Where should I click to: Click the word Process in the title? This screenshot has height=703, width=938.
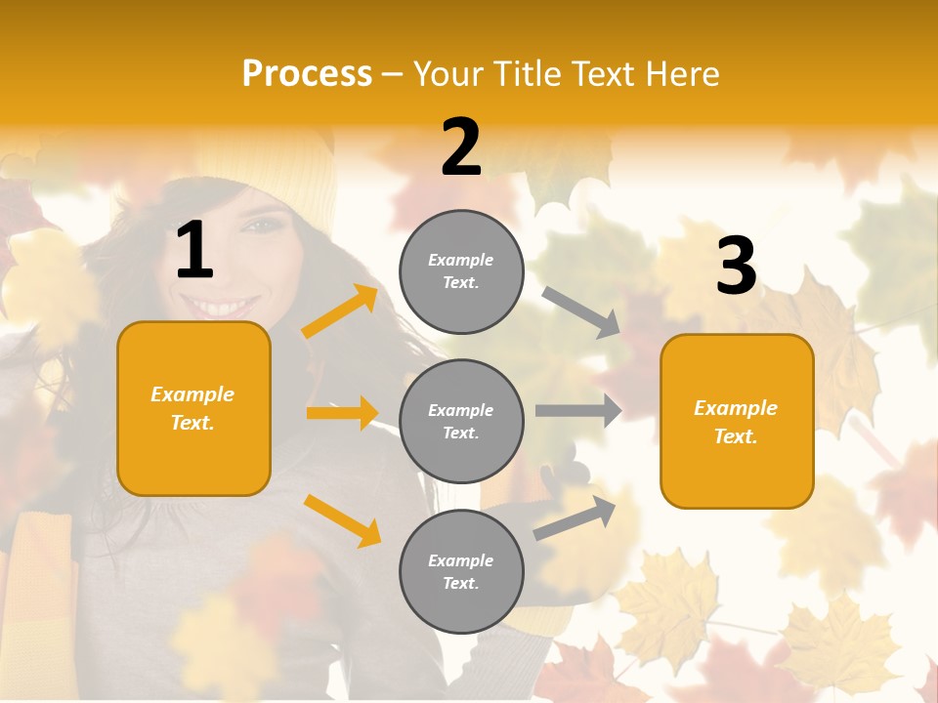[307, 73]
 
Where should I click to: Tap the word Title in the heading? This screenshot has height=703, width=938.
[527, 74]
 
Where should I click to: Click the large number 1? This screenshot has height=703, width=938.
[194, 251]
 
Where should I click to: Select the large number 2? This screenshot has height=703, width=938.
[461, 147]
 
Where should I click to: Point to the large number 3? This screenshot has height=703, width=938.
[736, 266]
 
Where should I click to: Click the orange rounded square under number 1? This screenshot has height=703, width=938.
[193, 408]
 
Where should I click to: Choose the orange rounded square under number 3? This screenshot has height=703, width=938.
[737, 421]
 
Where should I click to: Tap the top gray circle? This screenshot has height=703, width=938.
[461, 271]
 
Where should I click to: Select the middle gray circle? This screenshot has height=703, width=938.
[461, 421]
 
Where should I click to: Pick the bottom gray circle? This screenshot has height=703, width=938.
[461, 571]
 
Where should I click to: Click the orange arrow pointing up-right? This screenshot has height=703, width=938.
[340, 311]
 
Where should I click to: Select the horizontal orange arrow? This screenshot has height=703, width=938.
[341, 413]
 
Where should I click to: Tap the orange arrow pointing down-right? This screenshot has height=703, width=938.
[342, 519]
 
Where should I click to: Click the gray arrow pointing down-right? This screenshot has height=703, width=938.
[581, 311]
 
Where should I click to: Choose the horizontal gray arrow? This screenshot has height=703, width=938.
[577, 411]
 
